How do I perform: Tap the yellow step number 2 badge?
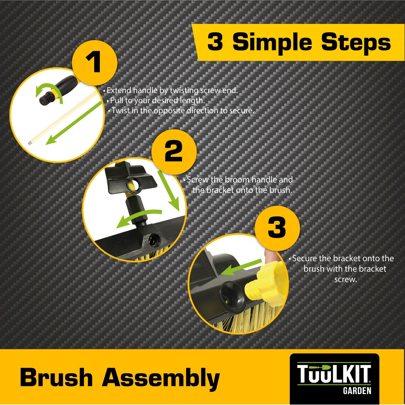(174, 152)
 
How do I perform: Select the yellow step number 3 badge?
(277, 228)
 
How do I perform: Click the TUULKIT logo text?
(334, 374)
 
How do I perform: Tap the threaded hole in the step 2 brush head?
(153, 239)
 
